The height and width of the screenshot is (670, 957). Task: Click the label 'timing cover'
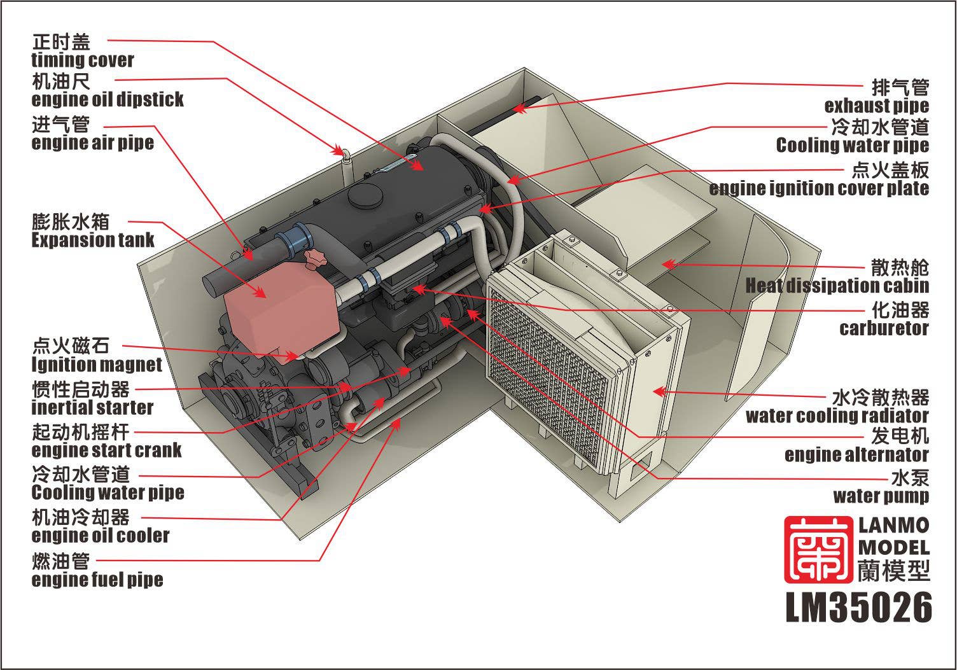[82, 60]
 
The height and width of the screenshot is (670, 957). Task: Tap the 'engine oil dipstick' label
[107, 99]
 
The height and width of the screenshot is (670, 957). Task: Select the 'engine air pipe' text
[92, 143]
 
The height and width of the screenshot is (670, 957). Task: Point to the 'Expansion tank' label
[93, 240]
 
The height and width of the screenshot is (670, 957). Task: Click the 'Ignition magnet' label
[97, 365]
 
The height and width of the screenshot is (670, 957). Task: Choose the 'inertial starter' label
[92, 407]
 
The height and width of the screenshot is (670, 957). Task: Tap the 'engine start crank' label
[106, 450]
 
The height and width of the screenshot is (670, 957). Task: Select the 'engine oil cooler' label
[101, 536]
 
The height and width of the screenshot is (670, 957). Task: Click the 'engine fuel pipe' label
[97, 580]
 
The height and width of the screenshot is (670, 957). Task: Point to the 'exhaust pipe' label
[876, 106]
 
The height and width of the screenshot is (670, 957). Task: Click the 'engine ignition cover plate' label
[819, 188]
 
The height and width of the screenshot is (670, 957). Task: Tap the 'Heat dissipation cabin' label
[837, 286]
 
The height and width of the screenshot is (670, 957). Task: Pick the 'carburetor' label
[884, 328]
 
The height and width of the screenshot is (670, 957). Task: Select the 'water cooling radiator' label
[837, 416]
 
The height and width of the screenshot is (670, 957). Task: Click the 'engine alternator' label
[856, 455]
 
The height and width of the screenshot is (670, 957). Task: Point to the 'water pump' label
[881, 496]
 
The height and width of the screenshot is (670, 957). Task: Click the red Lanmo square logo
[818, 549]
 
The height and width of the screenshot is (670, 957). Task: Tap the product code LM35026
[859, 608]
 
